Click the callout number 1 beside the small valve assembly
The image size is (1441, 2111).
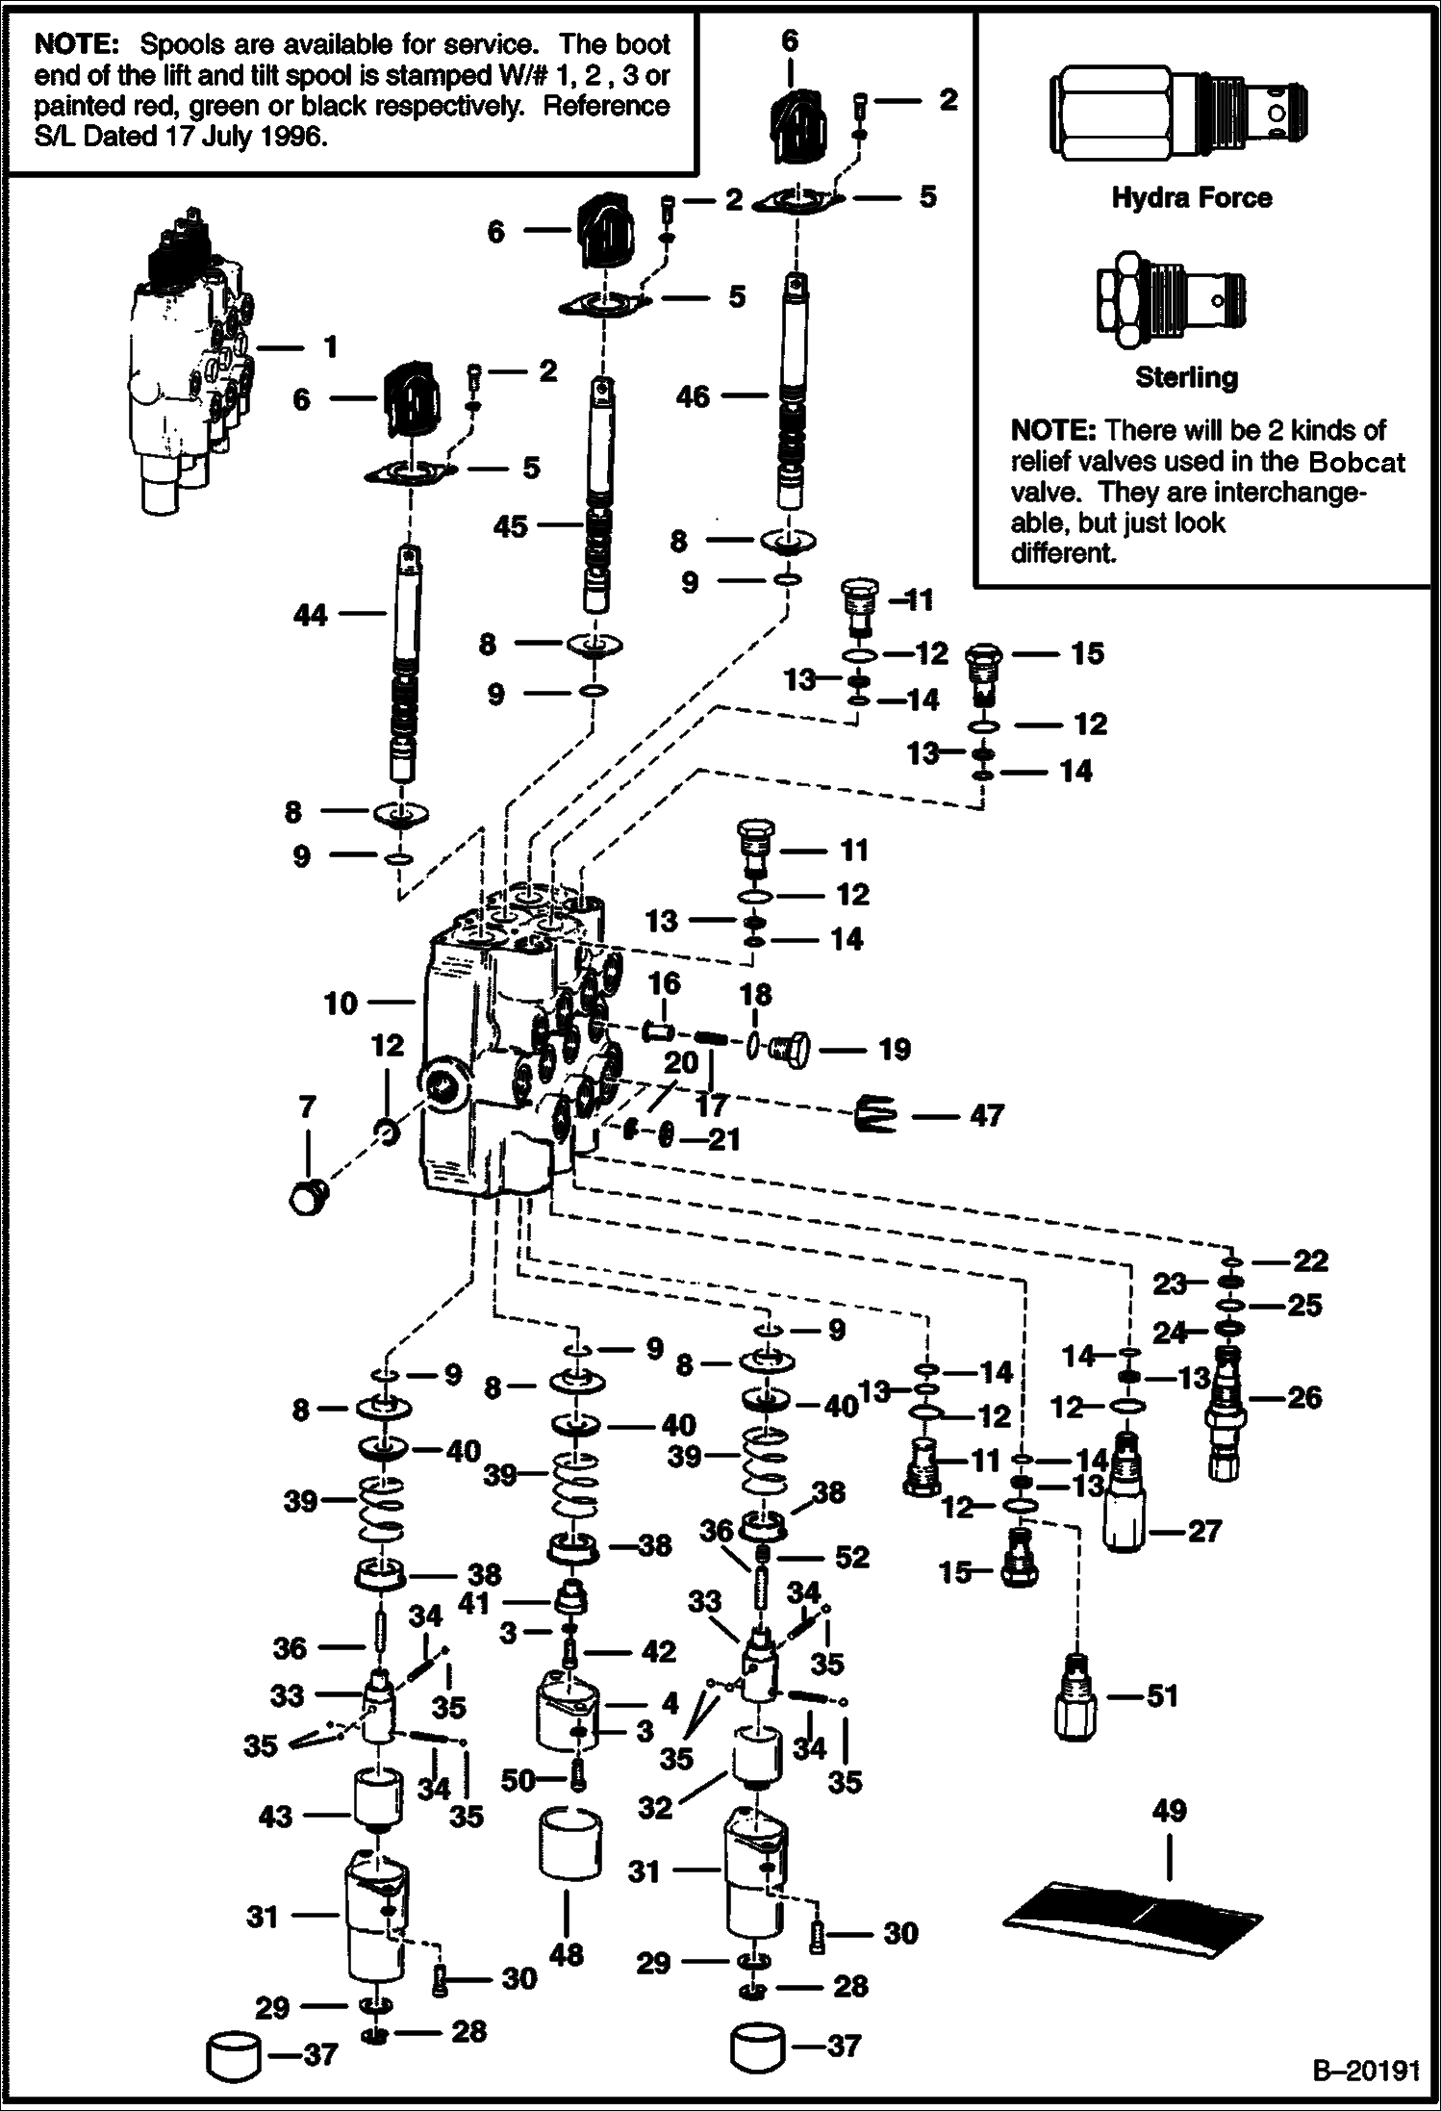coord(329,346)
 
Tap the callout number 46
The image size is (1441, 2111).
coord(694,395)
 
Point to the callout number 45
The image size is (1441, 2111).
coord(511,526)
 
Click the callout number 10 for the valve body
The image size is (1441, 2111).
coord(341,1004)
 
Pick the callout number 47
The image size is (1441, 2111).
coord(986,1115)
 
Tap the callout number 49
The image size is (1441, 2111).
coord(1169,1811)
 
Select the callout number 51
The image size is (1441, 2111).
coord(1163,1695)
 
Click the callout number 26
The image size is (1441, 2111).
coord(1303,1397)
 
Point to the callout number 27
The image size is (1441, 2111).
coord(1203,1530)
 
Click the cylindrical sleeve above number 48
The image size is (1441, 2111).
coord(568,1843)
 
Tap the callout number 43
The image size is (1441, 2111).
coord(275,1817)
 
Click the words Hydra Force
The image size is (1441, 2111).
coord(1191,198)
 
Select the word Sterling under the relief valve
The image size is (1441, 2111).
coord(1186,377)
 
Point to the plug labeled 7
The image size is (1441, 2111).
coord(306,1196)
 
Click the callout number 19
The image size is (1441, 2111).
coord(895,1049)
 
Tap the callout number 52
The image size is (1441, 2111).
coord(852,1557)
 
